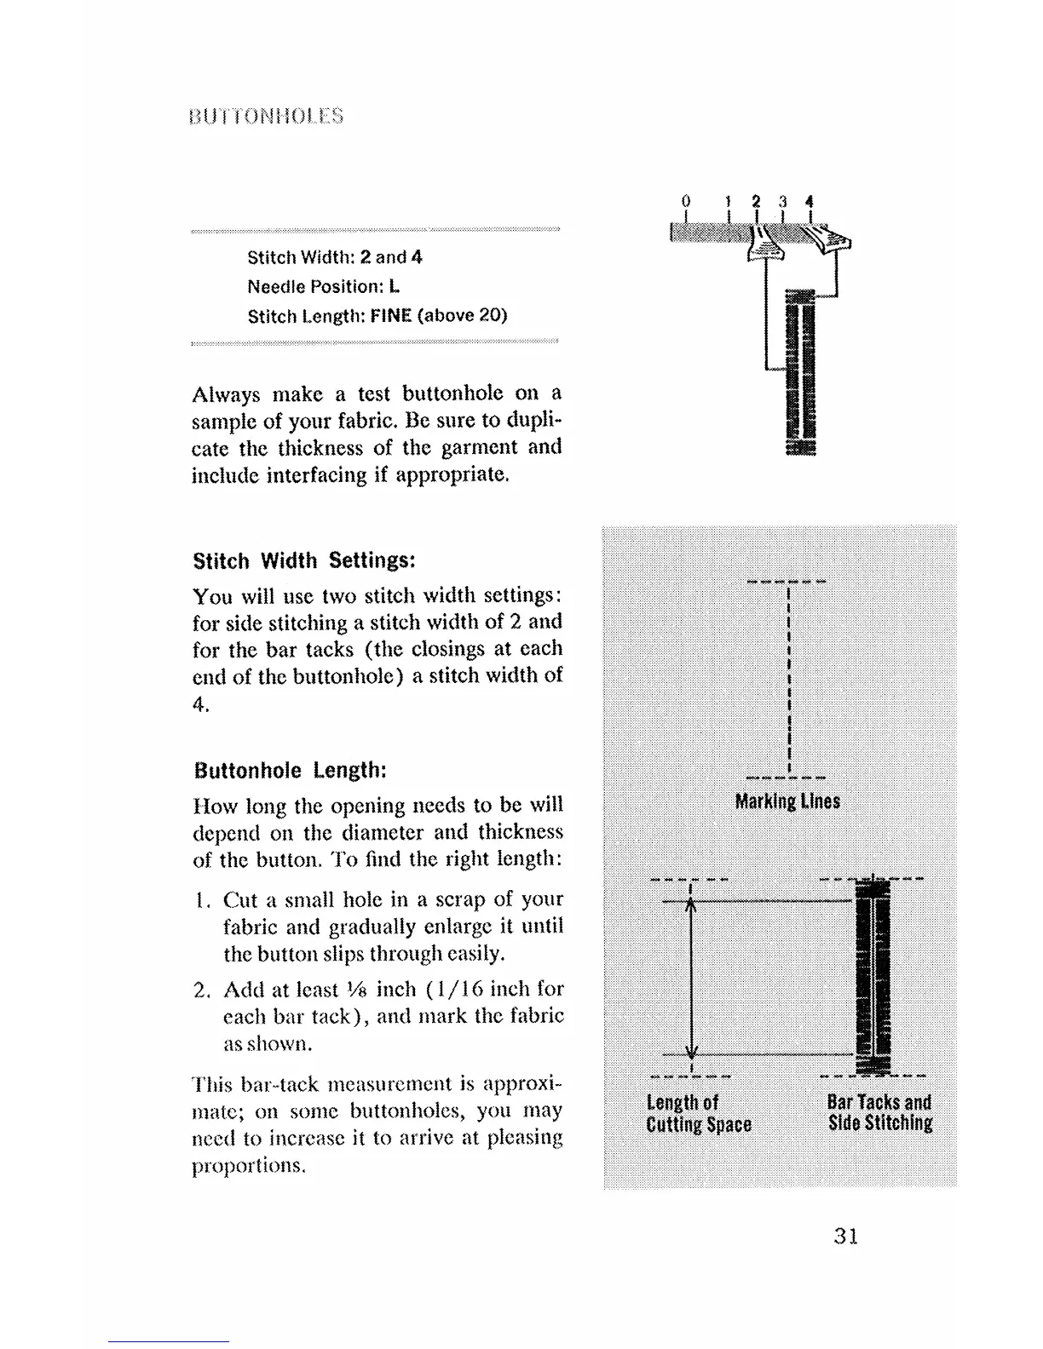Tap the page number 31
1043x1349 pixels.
pos(845,1236)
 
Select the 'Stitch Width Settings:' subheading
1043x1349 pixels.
pos(304,562)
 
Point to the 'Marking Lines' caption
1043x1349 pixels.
pos(787,801)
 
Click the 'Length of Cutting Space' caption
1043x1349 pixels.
pos(699,1114)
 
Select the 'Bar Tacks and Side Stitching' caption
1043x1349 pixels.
pos(879,1114)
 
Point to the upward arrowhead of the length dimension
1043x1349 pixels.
pos(692,910)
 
